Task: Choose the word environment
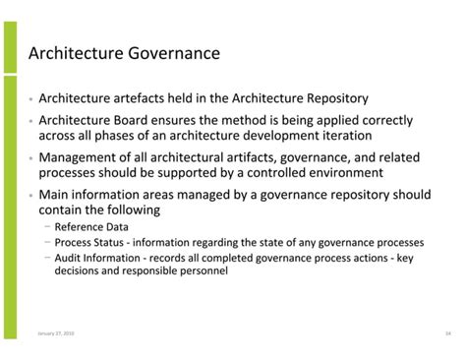337,173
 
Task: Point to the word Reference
81,227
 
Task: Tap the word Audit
70,257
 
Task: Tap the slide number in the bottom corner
447,334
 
